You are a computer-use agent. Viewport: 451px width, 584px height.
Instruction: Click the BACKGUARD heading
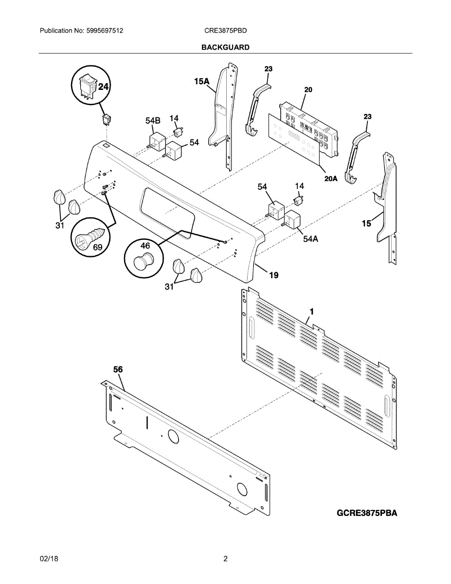(x=225, y=47)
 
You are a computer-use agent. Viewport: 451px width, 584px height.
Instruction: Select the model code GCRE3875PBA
(x=366, y=513)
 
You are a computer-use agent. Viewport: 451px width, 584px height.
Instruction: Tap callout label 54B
(x=153, y=120)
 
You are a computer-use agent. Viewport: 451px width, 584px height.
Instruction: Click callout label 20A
(x=331, y=179)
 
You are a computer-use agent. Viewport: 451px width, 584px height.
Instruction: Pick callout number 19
(x=274, y=275)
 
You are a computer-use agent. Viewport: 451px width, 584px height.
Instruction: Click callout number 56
(x=118, y=369)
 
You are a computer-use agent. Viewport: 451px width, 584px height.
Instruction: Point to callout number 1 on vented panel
(x=312, y=310)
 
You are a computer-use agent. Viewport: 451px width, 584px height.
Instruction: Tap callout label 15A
(x=201, y=82)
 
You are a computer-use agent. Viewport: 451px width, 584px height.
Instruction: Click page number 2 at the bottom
(x=225, y=559)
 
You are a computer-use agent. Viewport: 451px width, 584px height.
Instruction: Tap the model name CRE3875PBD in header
(x=226, y=30)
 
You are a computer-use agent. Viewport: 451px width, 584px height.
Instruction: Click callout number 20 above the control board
(x=308, y=90)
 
